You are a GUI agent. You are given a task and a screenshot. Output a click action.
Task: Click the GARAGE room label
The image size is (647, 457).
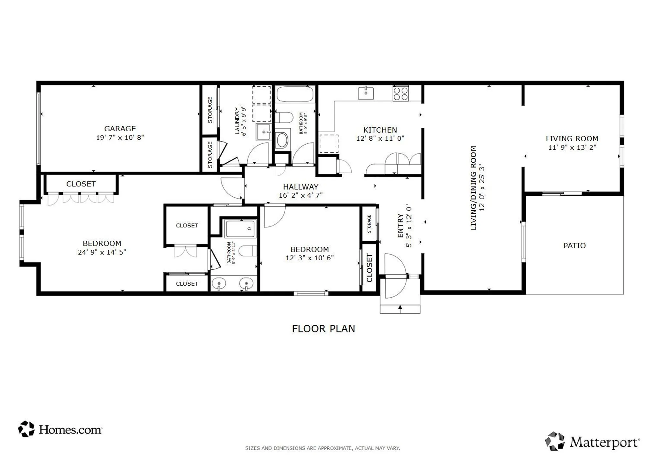(x=120, y=129)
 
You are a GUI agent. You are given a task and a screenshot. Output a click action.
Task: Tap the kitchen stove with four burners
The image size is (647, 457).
(x=400, y=93)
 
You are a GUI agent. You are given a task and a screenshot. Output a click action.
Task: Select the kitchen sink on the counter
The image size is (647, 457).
(x=366, y=93)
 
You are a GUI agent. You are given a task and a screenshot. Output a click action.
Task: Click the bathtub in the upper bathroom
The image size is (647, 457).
(x=295, y=94)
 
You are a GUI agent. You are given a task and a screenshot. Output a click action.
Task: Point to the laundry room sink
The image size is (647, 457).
(x=263, y=132)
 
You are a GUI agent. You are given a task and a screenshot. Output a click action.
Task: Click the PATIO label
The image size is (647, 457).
(x=574, y=245)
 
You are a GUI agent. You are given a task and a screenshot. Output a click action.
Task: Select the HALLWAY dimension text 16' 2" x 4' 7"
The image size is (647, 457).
(x=301, y=195)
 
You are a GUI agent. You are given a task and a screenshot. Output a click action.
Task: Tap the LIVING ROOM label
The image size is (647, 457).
(x=572, y=139)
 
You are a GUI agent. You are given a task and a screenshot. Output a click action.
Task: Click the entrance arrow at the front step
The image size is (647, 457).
(x=400, y=308)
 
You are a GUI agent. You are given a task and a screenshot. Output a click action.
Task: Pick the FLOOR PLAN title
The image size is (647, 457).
(x=323, y=329)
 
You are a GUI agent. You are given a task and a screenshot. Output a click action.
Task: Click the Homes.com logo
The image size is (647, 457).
(x=60, y=429)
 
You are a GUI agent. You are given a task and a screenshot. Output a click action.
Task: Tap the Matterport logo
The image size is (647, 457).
(x=592, y=441)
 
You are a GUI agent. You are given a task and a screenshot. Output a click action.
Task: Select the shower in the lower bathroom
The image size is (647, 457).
(x=240, y=229)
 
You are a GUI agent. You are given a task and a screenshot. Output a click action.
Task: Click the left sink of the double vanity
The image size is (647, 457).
(x=219, y=284)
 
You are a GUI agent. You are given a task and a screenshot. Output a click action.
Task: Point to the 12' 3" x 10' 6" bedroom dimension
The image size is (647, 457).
(x=309, y=258)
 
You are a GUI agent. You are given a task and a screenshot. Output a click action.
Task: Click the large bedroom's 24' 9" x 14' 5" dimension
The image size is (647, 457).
(x=102, y=252)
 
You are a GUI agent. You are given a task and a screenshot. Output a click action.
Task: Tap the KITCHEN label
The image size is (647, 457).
(x=380, y=130)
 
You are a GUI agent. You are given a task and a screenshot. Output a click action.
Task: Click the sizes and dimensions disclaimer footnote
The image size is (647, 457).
(x=322, y=448)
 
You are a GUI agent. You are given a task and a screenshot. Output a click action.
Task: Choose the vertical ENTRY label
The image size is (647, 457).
(x=400, y=226)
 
